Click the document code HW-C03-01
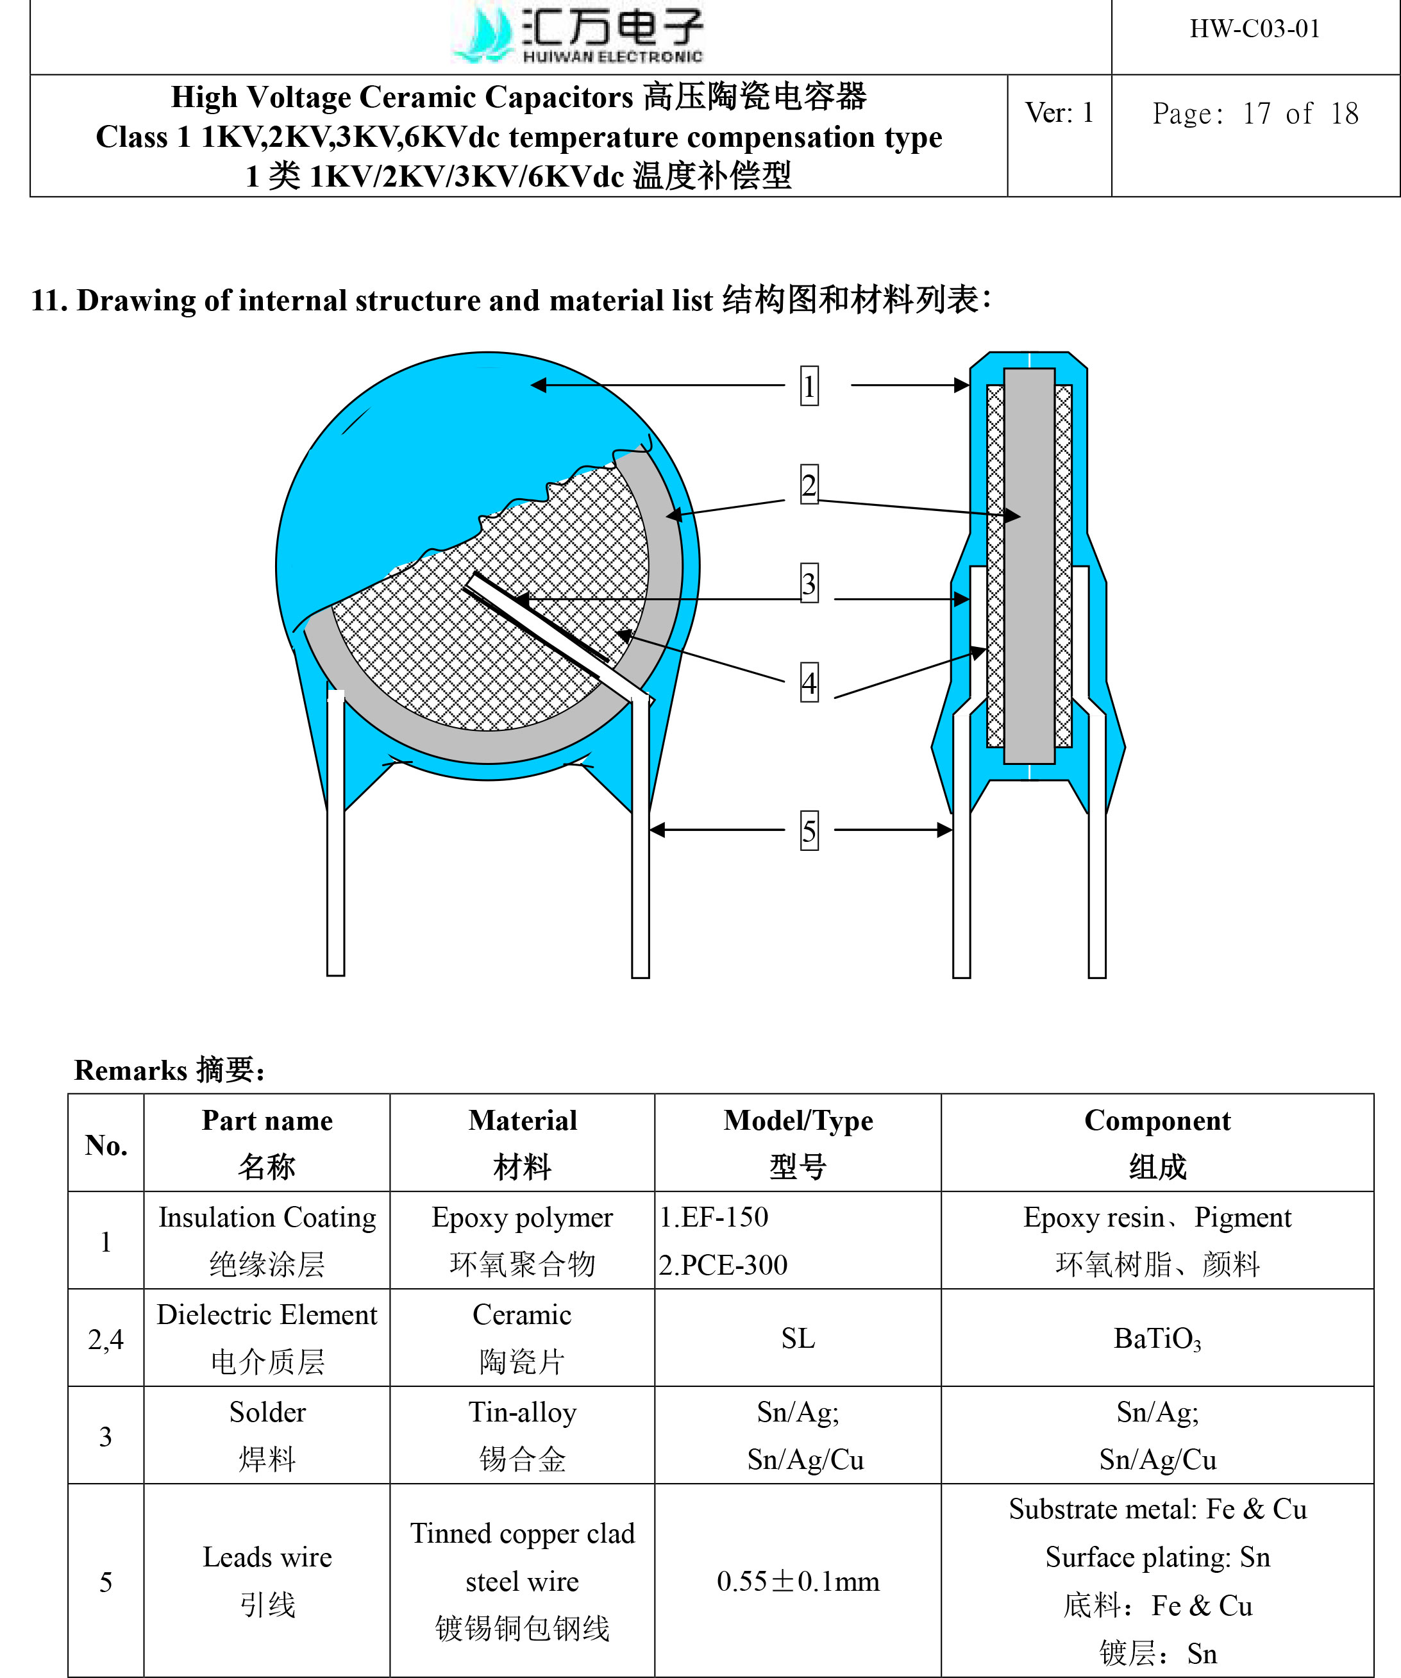[x=1254, y=29]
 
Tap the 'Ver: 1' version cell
[x=1059, y=113]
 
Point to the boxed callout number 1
[x=809, y=386]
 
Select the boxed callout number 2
[x=809, y=485]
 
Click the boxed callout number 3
[x=809, y=583]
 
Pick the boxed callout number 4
[x=809, y=683]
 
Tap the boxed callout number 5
[x=809, y=831]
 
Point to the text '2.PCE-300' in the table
[x=723, y=1265]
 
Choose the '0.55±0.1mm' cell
[x=798, y=1581]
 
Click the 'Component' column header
[x=1157, y=1143]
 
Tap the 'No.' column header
[x=106, y=1145]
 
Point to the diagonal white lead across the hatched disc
[x=551, y=631]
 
